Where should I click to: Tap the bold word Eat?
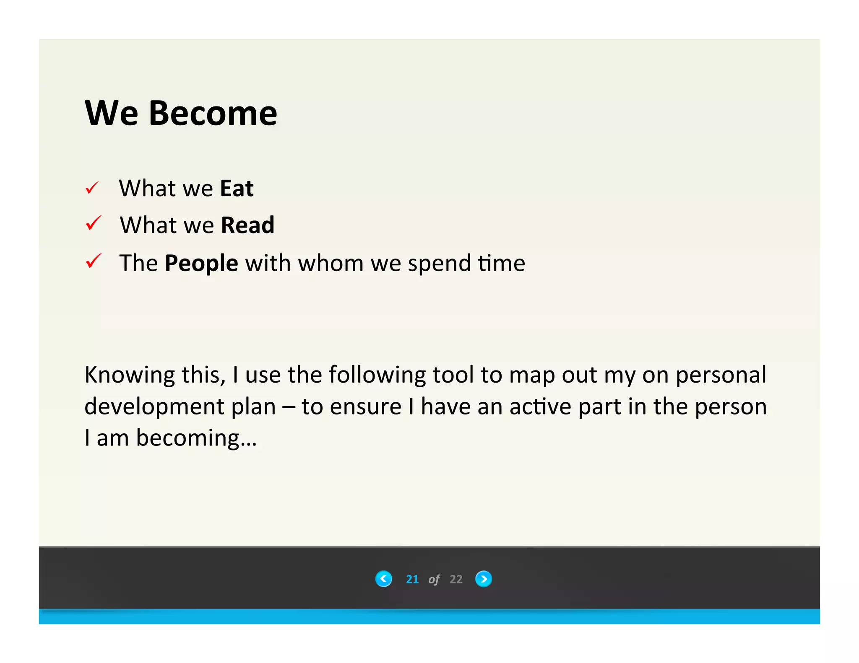click(x=237, y=188)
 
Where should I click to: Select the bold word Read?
click(x=247, y=225)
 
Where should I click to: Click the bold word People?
click(x=201, y=264)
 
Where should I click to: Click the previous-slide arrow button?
click(x=383, y=579)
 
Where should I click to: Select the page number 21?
click(x=412, y=579)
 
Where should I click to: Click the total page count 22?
click(x=456, y=579)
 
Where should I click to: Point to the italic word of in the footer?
click(x=434, y=580)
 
